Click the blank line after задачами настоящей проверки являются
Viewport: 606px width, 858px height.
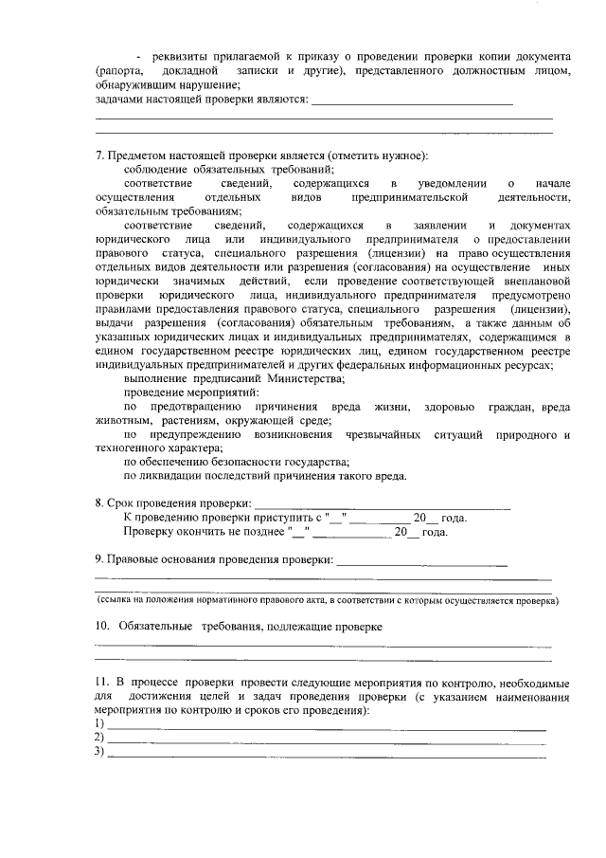coord(412,100)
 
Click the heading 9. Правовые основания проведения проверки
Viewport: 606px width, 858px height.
coord(214,560)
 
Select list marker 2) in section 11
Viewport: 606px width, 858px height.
coord(99,738)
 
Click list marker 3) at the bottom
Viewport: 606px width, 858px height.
coord(99,753)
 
